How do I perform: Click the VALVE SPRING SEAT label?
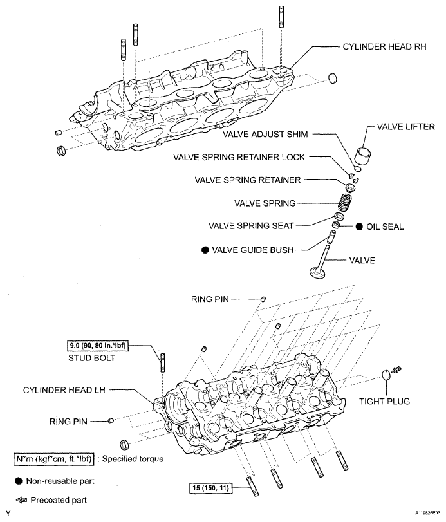(251, 226)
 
